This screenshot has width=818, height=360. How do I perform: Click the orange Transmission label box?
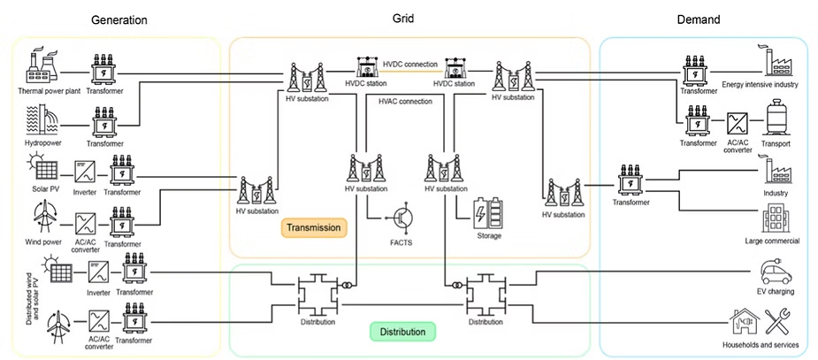pyautogui.click(x=314, y=228)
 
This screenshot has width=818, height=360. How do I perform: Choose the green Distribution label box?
pyautogui.click(x=402, y=333)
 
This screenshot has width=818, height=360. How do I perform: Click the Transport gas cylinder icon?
pyautogui.click(x=776, y=118)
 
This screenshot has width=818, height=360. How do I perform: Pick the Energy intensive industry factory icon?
pyautogui.click(x=776, y=63)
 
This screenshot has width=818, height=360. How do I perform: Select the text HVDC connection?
pyautogui.click(x=410, y=64)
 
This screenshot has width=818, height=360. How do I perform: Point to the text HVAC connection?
pyautogui.click(x=405, y=101)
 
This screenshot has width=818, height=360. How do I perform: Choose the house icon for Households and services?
pyautogui.click(x=742, y=322)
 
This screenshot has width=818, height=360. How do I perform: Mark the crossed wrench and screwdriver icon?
pyautogui.click(x=782, y=322)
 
